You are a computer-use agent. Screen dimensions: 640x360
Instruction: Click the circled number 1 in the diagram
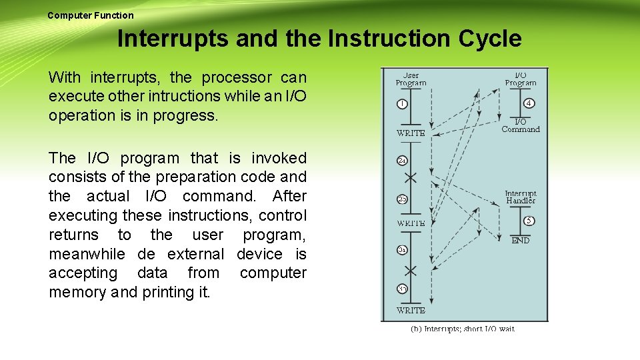(x=403, y=104)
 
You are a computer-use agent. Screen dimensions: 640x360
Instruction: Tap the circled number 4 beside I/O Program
(x=528, y=103)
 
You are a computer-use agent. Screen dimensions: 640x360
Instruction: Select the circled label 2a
(x=403, y=160)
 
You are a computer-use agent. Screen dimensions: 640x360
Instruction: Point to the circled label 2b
(x=403, y=199)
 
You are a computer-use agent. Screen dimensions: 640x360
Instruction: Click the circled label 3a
(x=403, y=249)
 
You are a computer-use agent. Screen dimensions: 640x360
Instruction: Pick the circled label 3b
(x=403, y=289)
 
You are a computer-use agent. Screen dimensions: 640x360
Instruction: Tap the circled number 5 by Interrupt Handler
(x=528, y=221)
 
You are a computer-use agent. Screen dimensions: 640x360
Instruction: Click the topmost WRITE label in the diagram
(x=411, y=133)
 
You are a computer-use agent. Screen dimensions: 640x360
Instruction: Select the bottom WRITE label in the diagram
(x=411, y=311)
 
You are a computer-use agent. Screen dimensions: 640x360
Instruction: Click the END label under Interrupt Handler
(x=521, y=241)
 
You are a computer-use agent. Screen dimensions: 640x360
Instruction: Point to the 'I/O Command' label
(x=521, y=125)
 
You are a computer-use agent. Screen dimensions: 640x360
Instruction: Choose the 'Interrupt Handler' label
(x=521, y=197)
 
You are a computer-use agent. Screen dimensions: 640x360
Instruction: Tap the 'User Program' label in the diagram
(x=411, y=79)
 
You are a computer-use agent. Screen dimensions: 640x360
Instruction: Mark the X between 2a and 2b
(x=411, y=178)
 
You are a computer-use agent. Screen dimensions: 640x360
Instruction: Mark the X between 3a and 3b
(x=411, y=270)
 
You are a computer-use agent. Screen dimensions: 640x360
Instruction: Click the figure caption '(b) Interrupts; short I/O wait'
(x=462, y=329)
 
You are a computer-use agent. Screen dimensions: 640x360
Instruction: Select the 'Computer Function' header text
(x=91, y=15)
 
